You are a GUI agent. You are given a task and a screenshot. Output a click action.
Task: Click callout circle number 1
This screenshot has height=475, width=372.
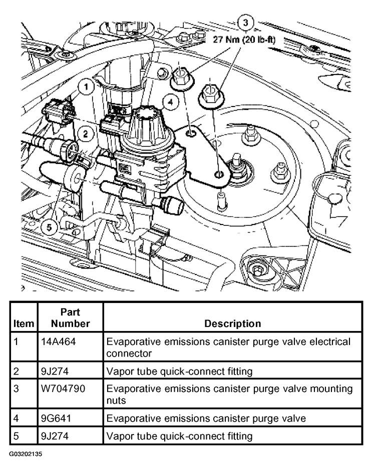coord(87,87)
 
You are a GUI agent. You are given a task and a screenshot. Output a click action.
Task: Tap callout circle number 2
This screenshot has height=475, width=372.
coord(85,133)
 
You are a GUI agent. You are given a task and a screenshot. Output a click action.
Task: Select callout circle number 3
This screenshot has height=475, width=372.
coord(245,22)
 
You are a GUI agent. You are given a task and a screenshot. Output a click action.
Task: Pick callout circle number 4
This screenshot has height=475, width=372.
coord(171,102)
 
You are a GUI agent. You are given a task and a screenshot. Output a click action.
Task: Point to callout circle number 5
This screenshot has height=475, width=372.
coord(50,227)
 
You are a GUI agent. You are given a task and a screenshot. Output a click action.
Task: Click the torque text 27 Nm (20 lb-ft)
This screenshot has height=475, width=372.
coord(244,39)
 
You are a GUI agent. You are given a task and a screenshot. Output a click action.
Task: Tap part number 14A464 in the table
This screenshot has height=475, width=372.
coord(58,341)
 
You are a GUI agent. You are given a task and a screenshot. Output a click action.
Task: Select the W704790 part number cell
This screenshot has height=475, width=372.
coord(63,388)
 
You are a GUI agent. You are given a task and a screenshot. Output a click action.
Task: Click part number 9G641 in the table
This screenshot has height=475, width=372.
coord(56,418)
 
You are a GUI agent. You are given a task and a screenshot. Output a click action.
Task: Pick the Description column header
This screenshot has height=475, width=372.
coord(233,323)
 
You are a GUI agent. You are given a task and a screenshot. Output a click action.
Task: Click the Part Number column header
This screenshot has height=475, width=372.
coord(71,317)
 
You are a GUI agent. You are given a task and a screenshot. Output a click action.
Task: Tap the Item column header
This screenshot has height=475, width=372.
coord(24,323)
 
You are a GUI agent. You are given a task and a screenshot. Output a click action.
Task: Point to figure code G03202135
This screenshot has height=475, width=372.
coord(26,454)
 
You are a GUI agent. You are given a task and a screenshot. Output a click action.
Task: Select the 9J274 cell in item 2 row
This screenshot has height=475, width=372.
coord(55,371)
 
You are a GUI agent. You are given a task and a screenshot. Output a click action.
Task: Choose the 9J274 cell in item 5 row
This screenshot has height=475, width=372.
coord(55,436)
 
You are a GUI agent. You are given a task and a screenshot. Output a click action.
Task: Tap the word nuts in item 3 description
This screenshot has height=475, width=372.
coord(116,400)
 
